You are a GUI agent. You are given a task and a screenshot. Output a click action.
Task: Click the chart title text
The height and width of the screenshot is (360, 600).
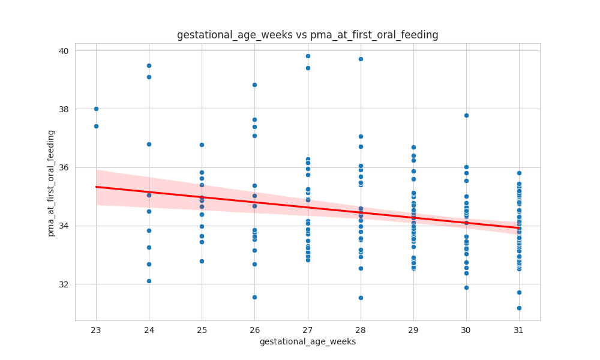click(x=307, y=35)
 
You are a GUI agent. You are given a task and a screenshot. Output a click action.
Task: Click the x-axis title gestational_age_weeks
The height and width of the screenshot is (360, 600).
click(x=307, y=341)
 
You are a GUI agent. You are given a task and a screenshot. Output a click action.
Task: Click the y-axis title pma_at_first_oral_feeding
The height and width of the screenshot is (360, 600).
click(x=51, y=183)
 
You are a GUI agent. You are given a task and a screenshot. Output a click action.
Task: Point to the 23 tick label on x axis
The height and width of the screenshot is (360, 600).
click(x=96, y=329)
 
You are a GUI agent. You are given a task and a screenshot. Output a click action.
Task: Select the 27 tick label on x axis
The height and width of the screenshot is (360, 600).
click(x=308, y=329)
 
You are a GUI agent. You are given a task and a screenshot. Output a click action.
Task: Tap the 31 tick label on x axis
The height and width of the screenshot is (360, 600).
click(x=519, y=329)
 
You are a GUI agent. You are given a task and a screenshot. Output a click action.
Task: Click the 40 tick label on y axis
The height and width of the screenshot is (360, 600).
click(x=64, y=51)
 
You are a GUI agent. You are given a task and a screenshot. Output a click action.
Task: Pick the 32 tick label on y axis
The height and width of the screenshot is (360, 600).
click(x=64, y=284)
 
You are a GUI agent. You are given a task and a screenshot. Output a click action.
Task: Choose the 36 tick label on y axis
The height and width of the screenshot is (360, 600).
click(x=64, y=167)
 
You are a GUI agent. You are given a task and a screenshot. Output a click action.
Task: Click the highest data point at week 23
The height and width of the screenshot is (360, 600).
click(x=96, y=109)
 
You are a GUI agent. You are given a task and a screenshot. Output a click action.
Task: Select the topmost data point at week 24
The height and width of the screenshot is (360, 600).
click(x=149, y=65)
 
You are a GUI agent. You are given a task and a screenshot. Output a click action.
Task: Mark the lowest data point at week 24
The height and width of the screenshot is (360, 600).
click(x=149, y=281)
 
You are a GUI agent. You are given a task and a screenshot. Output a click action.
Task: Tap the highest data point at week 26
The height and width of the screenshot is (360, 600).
click(x=254, y=85)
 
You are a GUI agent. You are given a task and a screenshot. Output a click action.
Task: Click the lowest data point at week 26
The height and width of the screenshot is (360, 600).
click(x=254, y=297)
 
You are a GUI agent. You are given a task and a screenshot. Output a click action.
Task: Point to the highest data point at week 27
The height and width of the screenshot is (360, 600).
click(x=308, y=56)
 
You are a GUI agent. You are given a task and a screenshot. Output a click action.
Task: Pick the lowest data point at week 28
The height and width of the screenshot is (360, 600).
click(x=361, y=298)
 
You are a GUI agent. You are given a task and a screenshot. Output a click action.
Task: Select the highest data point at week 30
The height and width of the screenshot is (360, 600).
click(x=466, y=115)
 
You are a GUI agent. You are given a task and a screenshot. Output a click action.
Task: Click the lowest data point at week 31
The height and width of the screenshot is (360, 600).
click(x=519, y=308)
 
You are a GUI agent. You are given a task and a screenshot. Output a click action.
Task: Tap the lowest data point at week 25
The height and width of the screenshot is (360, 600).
click(x=202, y=261)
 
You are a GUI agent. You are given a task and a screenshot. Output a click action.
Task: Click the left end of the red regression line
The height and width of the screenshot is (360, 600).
click(x=96, y=187)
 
